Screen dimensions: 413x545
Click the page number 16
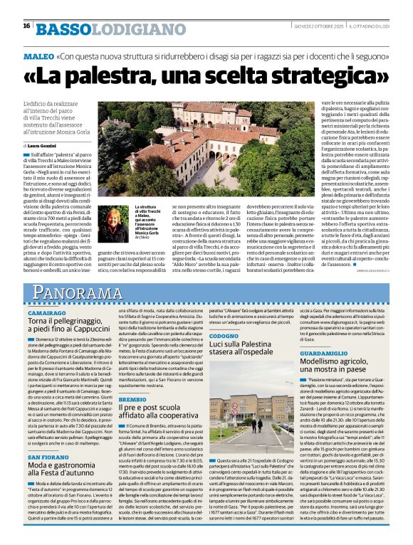click(x=26, y=26)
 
